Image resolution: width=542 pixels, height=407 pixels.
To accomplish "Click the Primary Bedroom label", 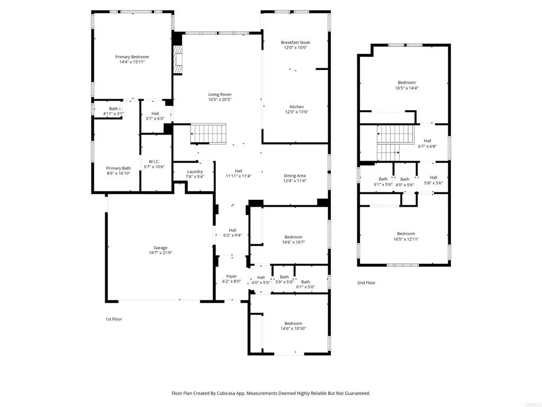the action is pyautogui.click(x=132, y=57).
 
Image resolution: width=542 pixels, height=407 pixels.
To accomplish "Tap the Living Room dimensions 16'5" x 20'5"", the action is pyautogui.click(x=220, y=100).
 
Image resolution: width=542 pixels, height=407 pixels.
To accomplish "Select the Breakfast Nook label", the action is pyautogui.click(x=295, y=42).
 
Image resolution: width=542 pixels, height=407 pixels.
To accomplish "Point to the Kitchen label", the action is pyautogui.click(x=296, y=107).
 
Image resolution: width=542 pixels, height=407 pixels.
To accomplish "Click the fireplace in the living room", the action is pyautogui.click(x=178, y=60).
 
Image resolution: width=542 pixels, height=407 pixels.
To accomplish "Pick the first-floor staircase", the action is pyautogui.click(x=209, y=134).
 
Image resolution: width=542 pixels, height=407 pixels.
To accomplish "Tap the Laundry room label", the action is pyautogui.click(x=195, y=172).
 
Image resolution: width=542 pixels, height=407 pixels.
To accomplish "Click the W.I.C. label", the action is pyautogui.click(x=154, y=162).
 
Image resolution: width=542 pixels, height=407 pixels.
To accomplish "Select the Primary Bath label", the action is pyautogui.click(x=119, y=168).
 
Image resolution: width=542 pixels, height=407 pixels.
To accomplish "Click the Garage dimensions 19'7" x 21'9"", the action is pyautogui.click(x=160, y=253).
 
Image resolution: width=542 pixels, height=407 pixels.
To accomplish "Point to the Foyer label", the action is pyautogui.click(x=232, y=276).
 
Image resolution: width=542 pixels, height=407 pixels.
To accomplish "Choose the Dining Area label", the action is pyautogui.click(x=295, y=175).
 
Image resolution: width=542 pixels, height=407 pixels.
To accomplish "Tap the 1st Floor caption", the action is pyautogui.click(x=114, y=319).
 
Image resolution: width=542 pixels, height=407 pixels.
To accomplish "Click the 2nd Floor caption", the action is pyautogui.click(x=366, y=283).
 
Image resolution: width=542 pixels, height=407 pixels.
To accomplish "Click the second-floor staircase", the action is pyautogui.click(x=395, y=143).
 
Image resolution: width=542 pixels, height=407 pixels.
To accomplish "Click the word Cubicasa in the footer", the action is pyautogui.click(x=227, y=393).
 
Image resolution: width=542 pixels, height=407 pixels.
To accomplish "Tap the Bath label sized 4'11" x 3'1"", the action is pyautogui.click(x=113, y=109).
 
